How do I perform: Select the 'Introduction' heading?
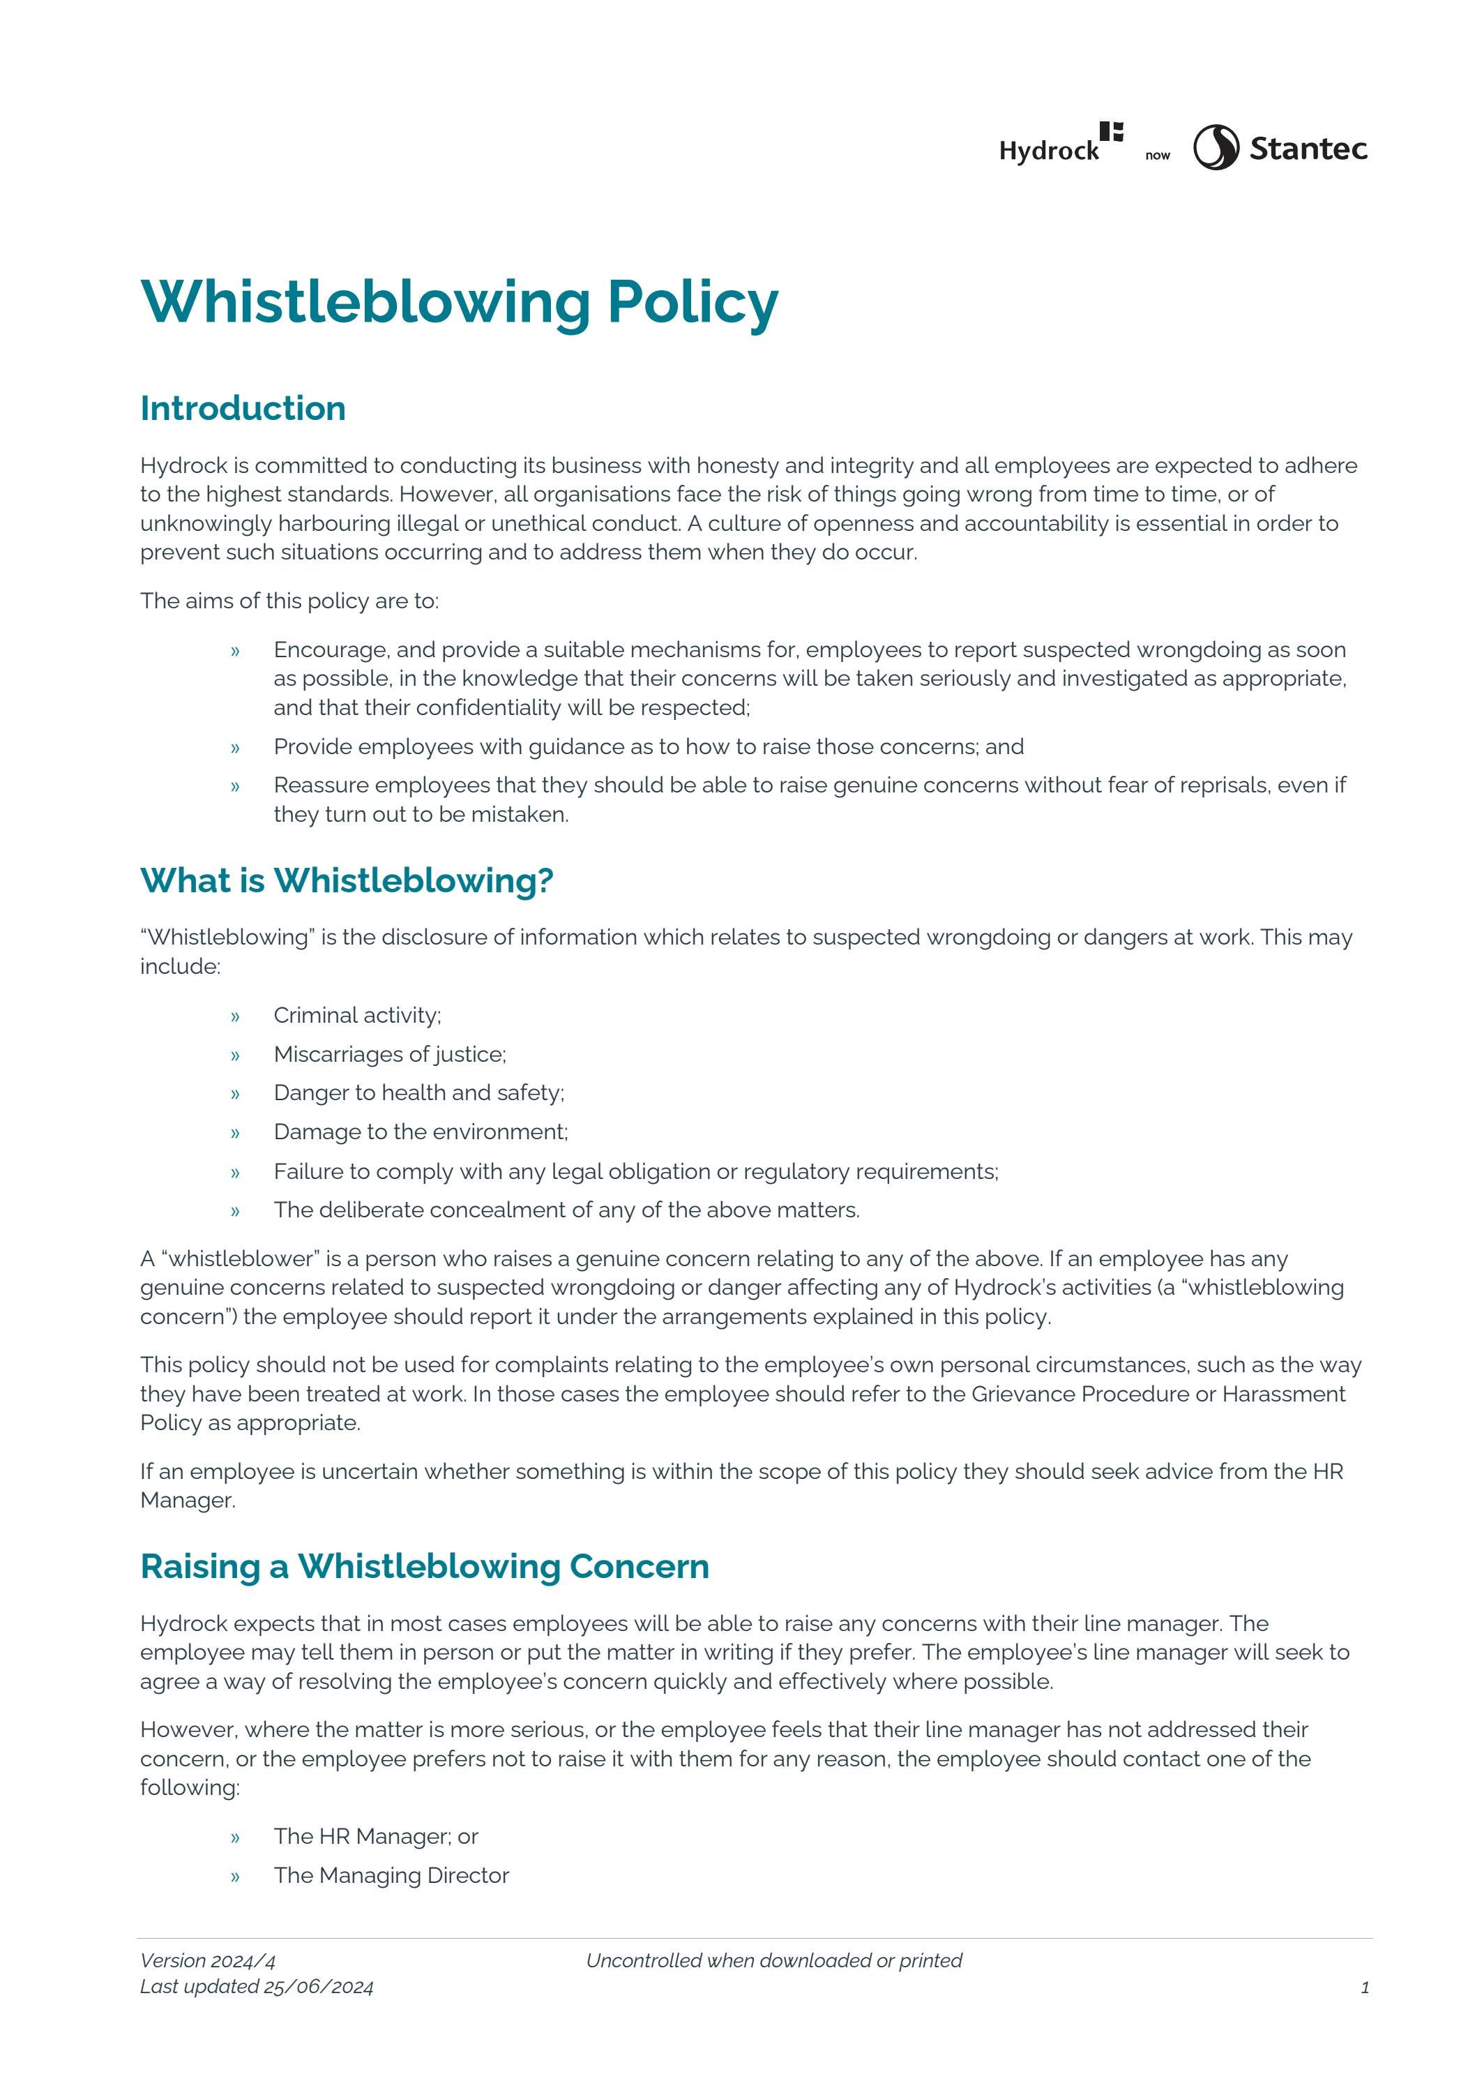point(243,408)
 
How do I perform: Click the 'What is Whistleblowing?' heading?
point(347,880)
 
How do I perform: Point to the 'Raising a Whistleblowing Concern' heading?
point(425,1566)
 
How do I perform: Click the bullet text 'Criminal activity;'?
point(356,1015)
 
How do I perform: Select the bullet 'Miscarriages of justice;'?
point(389,1054)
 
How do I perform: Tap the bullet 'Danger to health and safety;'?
point(418,1092)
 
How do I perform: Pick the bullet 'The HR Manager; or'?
point(376,1836)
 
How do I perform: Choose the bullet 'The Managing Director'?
point(391,1875)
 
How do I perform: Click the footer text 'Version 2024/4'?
point(207,1960)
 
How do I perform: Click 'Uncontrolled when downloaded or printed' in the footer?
point(774,1960)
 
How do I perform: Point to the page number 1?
point(1364,1988)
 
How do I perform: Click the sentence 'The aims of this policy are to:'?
point(289,601)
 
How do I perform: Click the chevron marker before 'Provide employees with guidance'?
point(234,748)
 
